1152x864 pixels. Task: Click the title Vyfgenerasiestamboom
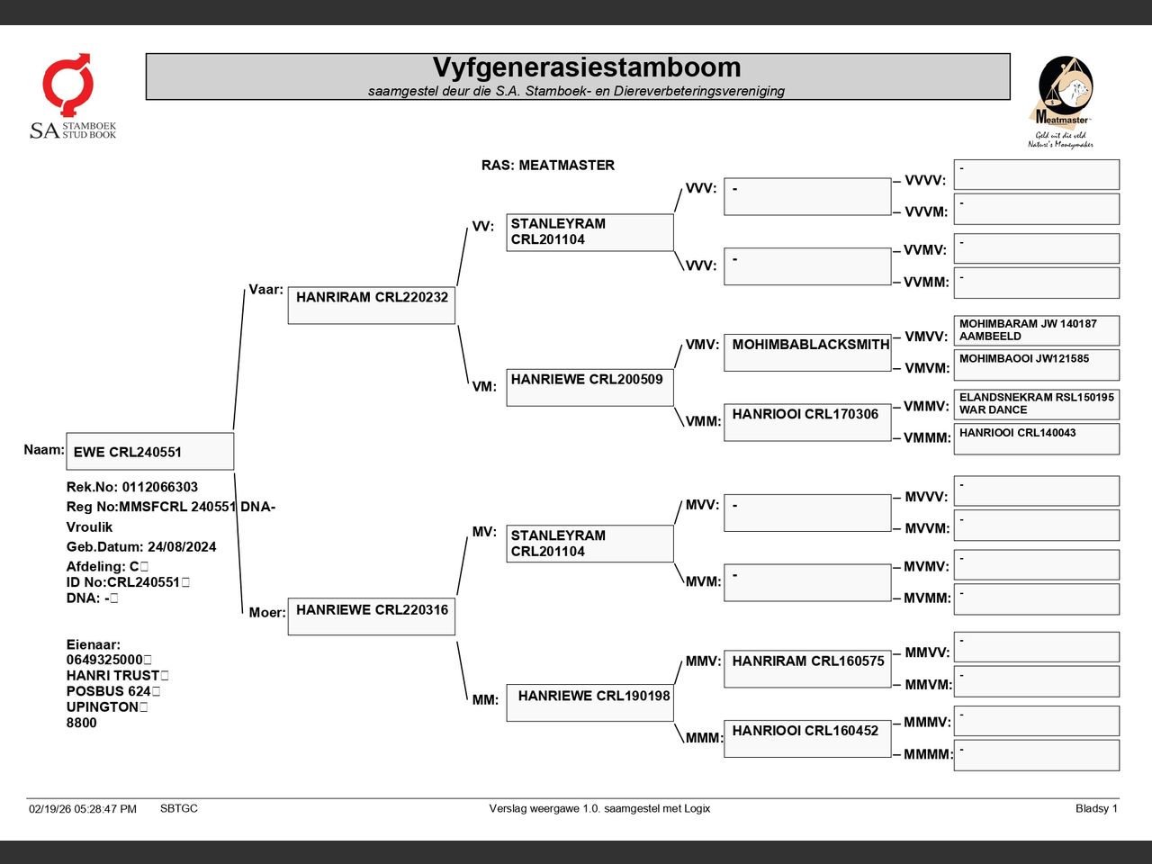click(587, 67)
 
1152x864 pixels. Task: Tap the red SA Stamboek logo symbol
click(68, 84)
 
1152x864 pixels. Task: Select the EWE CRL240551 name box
click(150, 451)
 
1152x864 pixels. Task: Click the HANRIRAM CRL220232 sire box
click(372, 305)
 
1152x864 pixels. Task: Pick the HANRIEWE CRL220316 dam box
click(372, 616)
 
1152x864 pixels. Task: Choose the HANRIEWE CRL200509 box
click(589, 387)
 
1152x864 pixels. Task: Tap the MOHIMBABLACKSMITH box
click(807, 353)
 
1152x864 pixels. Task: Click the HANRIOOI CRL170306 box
click(807, 422)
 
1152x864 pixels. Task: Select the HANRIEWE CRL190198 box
click(589, 703)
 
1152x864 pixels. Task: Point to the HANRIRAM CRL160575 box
click(807, 669)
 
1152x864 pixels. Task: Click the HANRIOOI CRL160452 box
click(807, 739)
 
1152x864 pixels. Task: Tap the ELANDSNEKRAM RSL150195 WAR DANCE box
click(1037, 404)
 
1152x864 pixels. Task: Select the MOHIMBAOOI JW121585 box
click(1037, 364)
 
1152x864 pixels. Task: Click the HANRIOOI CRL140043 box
click(1037, 438)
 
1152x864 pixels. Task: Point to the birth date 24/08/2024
click(182, 546)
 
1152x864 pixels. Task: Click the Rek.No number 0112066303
click(160, 487)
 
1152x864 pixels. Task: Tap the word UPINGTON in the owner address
click(103, 706)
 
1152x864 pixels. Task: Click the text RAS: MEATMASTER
click(548, 166)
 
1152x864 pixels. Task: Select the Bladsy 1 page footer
click(1096, 808)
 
